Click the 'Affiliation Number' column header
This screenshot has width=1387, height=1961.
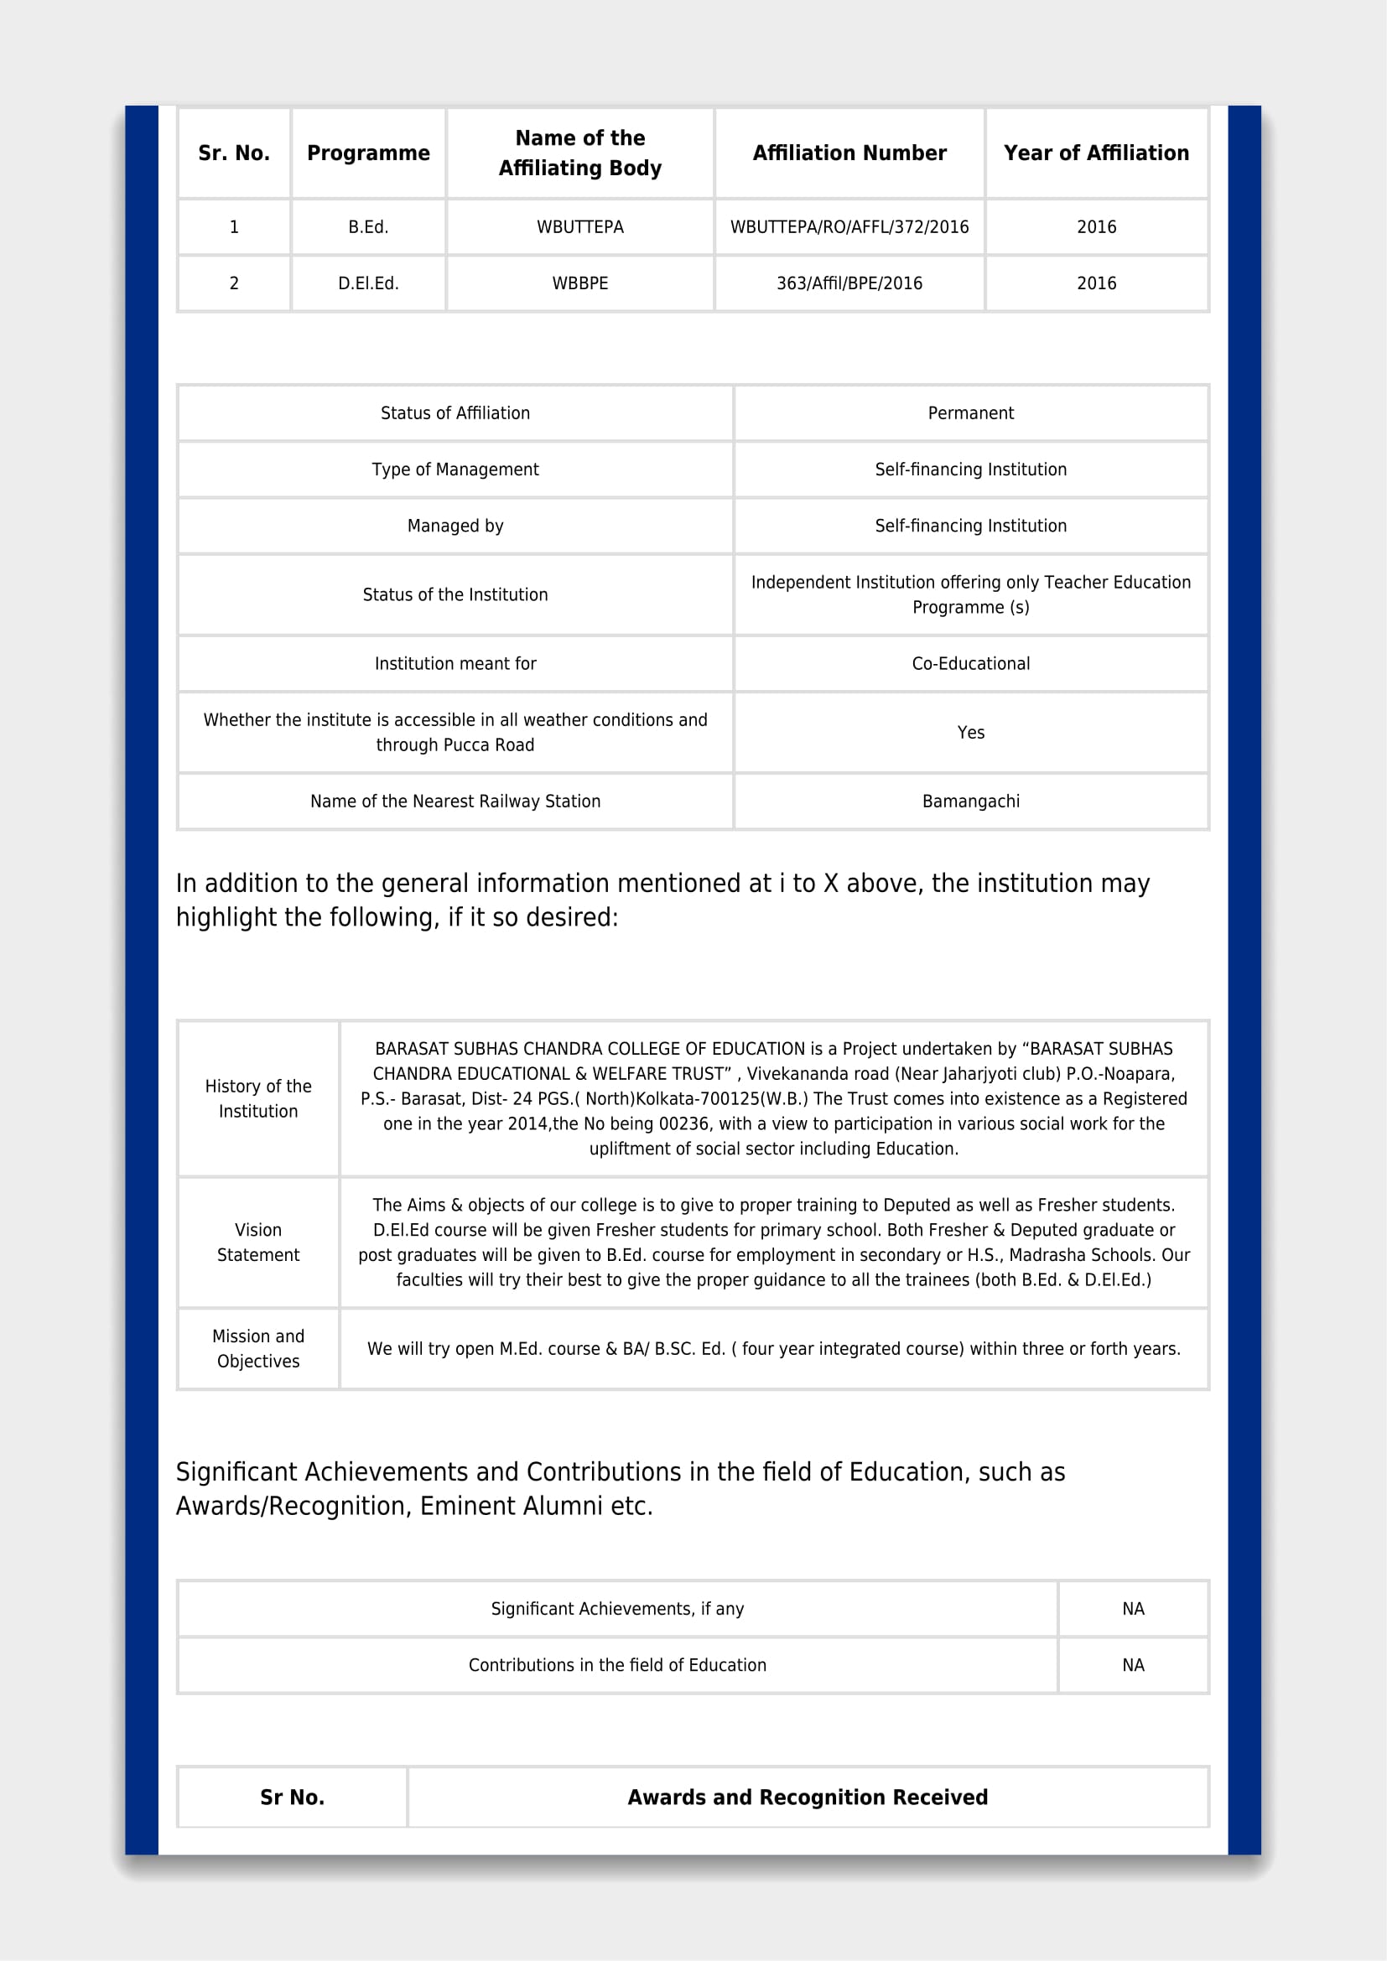point(849,153)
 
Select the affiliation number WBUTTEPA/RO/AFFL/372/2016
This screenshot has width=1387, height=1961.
point(849,227)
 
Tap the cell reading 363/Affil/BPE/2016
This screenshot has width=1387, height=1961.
point(849,283)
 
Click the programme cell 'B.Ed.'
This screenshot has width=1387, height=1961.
point(368,227)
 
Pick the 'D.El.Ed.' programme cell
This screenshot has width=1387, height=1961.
point(368,283)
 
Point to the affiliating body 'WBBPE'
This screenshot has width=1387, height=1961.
point(580,283)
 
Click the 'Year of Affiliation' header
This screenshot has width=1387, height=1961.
point(1096,153)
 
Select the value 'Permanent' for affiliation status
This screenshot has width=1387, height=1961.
point(970,413)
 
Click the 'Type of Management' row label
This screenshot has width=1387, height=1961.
point(455,469)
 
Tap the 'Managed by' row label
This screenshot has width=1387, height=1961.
point(455,527)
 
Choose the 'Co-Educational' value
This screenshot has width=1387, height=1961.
point(970,664)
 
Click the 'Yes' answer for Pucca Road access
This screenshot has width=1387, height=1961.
point(970,733)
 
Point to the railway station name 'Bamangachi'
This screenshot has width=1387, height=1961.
point(970,802)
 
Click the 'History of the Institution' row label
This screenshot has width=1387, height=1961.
point(258,1098)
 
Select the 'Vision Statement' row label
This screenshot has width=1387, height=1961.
point(258,1242)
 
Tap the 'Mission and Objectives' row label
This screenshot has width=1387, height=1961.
point(258,1349)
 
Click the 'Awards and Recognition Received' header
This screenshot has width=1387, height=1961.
point(807,1797)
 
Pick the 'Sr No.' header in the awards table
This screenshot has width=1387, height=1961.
point(292,1797)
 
